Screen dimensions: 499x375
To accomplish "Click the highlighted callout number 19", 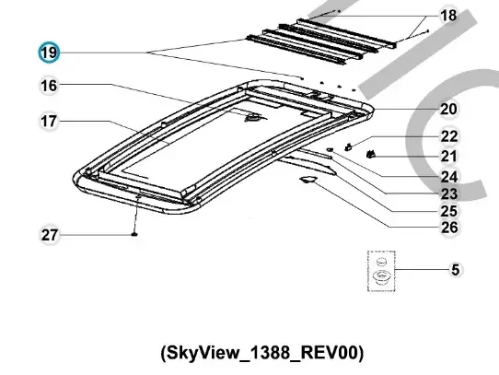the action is tap(49, 53).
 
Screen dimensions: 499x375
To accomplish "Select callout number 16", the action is tap(49, 86).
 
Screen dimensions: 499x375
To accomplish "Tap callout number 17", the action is tap(49, 122).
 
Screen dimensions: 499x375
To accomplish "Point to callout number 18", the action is tap(448, 16).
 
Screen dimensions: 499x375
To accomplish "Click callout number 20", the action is tap(448, 109).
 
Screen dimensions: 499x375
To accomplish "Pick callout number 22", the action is tap(449, 136).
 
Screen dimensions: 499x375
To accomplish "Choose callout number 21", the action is tap(449, 156).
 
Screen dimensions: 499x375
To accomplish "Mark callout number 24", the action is tap(449, 177).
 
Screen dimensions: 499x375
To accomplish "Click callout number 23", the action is tap(449, 193).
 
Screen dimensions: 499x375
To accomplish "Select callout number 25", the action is tap(449, 211).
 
